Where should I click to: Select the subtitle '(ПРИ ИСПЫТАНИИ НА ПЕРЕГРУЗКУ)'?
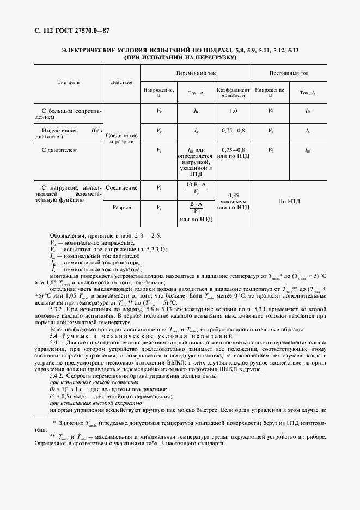coord(180,57)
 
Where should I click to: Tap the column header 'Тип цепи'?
coord(69,82)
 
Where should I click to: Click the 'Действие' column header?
coord(121,82)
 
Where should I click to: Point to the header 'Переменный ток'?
coord(196,72)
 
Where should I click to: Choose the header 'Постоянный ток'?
coord(289,72)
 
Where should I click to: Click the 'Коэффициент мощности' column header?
coord(233,92)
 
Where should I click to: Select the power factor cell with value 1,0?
coord(233,111)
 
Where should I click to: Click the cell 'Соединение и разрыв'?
coord(121,138)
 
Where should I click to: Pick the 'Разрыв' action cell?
coord(121,208)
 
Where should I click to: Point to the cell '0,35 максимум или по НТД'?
coord(233,201)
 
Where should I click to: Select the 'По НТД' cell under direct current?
coord(289,201)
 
